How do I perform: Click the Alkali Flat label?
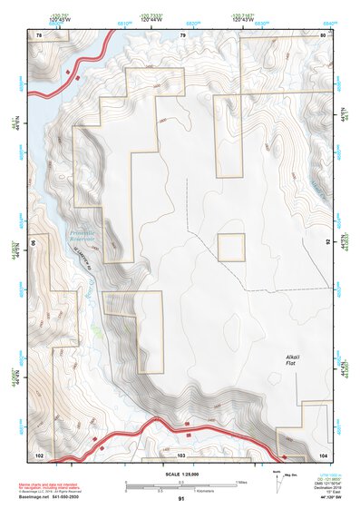[x=292, y=359]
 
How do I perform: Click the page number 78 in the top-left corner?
[x=39, y=34]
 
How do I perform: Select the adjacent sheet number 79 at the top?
[x=182, y=34]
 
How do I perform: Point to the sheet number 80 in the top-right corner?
[x=324, y=34]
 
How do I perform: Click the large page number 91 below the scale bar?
[x=181, y=499]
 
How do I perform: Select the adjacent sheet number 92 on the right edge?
[x=328, y=243]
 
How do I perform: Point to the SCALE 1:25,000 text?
[x=181, y=472]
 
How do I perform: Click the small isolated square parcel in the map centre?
[x=231, y=247]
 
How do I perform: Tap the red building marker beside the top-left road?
[x=68, y=71]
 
